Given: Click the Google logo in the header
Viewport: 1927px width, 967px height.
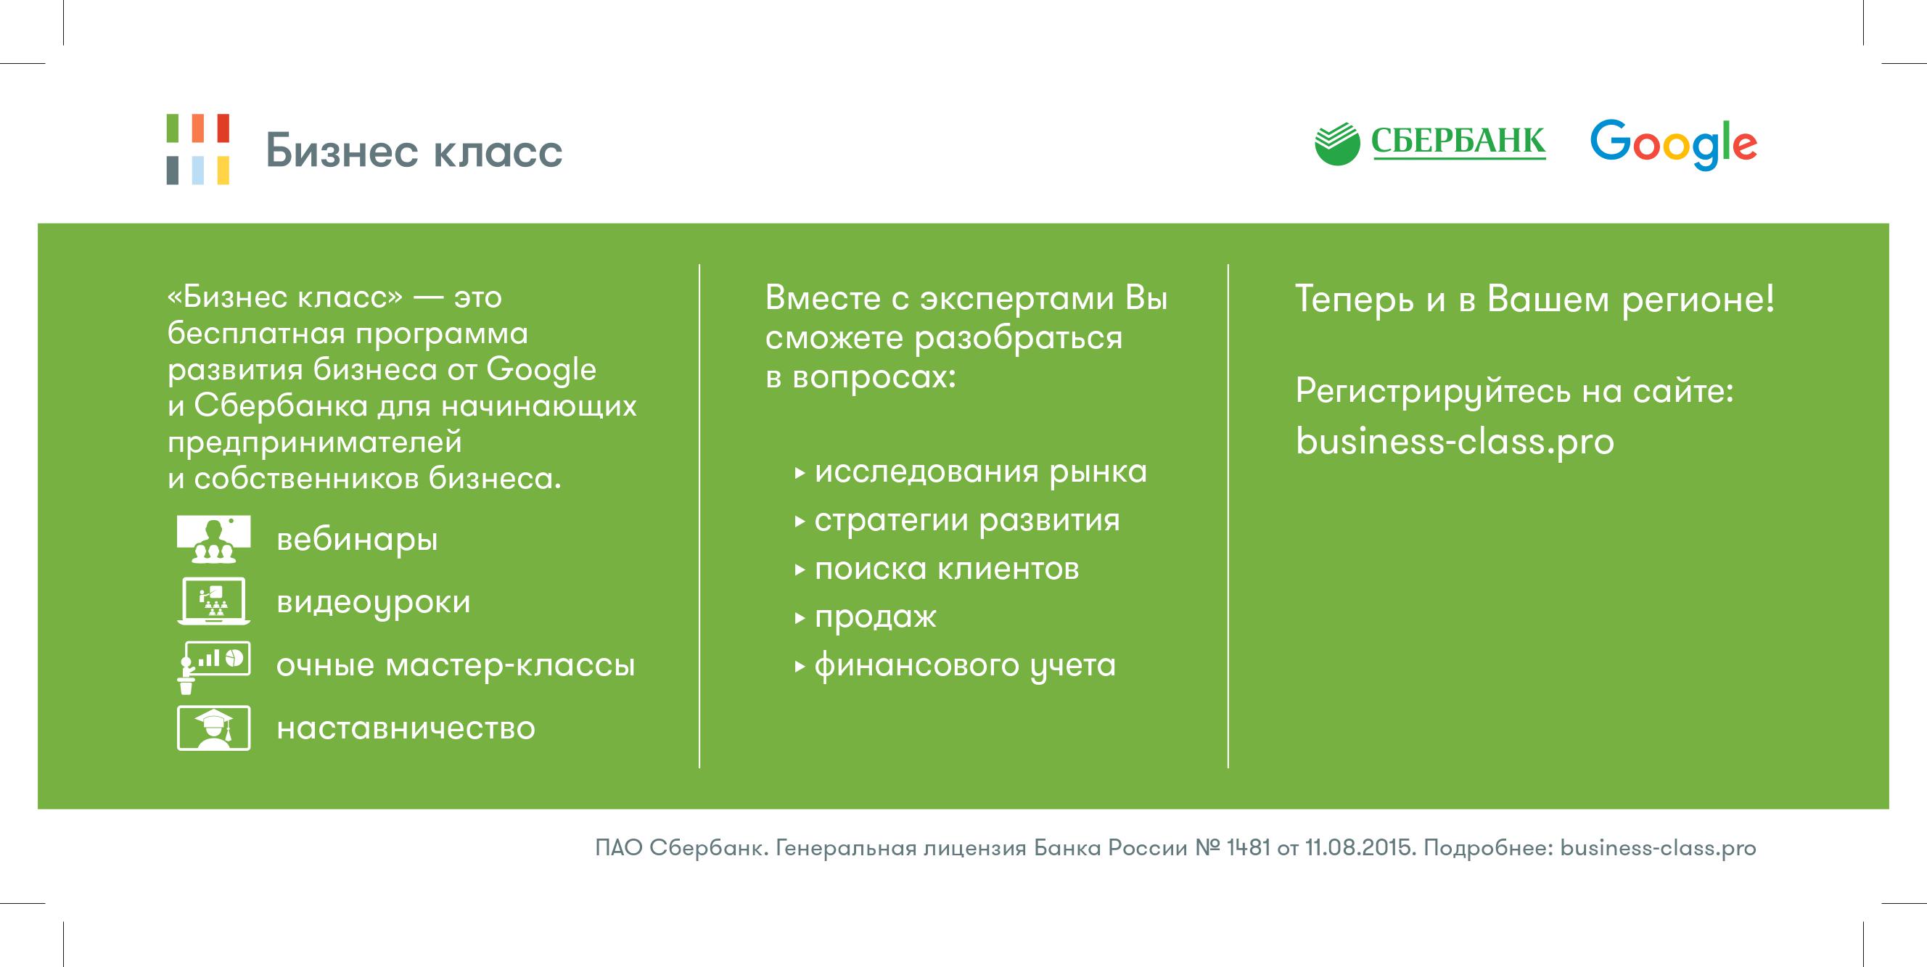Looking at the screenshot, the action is coord(1673,144).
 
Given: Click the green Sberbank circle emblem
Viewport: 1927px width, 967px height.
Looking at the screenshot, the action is coord(1336,144).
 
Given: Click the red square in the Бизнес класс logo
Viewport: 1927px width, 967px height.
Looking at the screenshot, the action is coord(221,128).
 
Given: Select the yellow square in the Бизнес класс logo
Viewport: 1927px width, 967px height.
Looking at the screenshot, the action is coord(221,170).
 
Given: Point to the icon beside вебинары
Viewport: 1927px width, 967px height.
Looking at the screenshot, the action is coord(213,539).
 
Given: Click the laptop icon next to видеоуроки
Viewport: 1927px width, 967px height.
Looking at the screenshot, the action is coord(213,601).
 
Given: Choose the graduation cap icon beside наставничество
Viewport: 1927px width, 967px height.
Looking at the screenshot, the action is coord(213,728).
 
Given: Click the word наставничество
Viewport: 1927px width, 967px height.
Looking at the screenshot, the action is coord(406,728).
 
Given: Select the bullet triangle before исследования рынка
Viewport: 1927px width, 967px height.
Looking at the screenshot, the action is coord(800,473).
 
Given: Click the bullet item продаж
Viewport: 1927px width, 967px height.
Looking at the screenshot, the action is coord(875,618).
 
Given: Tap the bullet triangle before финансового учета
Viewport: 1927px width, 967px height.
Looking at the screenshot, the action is coord(800,666).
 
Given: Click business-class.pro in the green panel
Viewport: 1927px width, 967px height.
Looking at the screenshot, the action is coord(1455,441).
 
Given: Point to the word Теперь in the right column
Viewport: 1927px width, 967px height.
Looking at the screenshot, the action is coord(1355,300).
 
